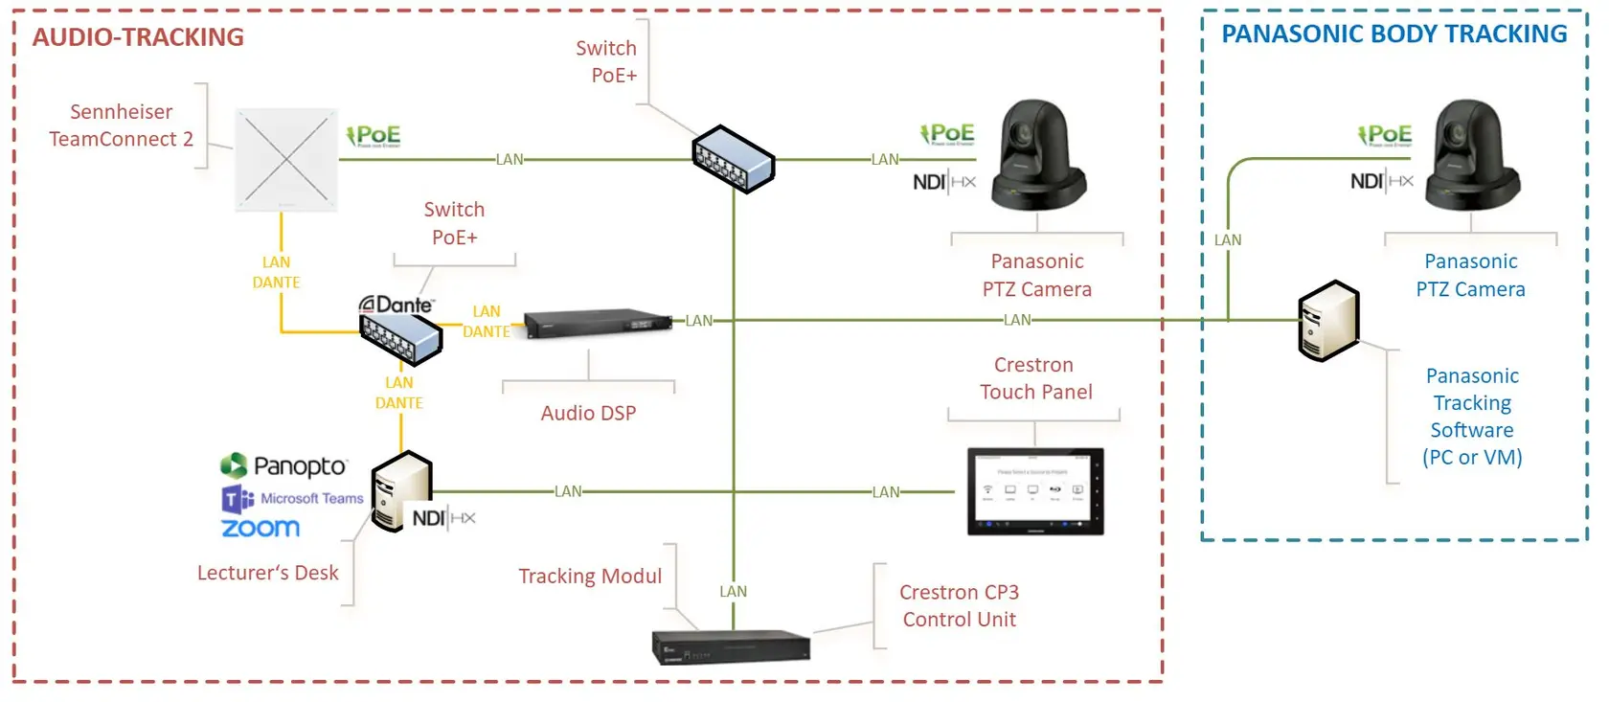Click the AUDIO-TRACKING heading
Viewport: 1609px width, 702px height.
[x=138, y=37]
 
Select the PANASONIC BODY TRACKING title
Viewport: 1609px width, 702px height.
[x=1394, y=34]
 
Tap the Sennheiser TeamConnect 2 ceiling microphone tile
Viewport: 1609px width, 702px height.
[x=286, y=160]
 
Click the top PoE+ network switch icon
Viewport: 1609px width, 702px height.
[x=734, y=159]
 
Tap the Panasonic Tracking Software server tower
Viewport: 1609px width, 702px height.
[x=1328, y=321]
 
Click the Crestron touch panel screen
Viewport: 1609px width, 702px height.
[x=1035, y=490]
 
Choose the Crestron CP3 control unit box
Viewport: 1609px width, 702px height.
[x=731, y=646]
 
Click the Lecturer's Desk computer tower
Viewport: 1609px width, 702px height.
[x=401, y=491]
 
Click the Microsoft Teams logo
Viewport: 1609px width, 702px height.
[x=292, y=499]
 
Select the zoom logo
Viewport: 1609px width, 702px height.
[x=261, y=528]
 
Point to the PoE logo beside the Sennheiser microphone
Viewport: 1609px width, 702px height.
[x=374, y=136]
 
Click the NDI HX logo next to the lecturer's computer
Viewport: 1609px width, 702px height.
[x=443, y=518]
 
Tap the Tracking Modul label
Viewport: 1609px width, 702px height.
[x=590, y=577]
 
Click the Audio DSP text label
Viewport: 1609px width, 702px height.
[x=588, y=414]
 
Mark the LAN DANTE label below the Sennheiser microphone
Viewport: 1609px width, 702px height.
[x=276, y=273]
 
